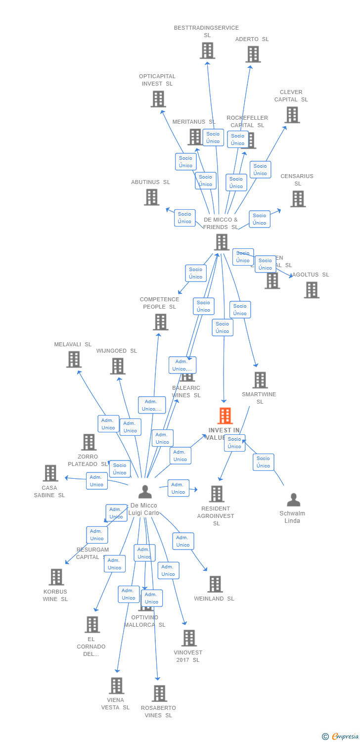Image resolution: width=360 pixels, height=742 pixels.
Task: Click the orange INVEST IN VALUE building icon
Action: pos(225,416)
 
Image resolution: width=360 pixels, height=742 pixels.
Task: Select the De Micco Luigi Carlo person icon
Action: pos(145,492)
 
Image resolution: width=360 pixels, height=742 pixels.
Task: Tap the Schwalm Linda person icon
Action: pos(294,500)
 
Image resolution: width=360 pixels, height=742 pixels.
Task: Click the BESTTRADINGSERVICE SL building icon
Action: pos(207,50)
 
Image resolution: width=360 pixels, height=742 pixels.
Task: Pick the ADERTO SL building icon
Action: pos(253,54)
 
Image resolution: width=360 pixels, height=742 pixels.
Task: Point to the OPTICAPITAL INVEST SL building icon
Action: pos(158,99)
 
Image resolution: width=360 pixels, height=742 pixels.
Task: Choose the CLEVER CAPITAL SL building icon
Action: pos(292,115)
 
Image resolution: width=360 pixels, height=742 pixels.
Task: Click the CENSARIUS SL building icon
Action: pos(298,199)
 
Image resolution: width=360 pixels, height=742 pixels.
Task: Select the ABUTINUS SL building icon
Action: pos(151,197)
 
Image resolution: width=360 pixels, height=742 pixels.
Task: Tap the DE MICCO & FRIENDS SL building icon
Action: pos(222,242)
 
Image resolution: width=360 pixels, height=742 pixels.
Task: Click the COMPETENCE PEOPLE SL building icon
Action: pos(160,322)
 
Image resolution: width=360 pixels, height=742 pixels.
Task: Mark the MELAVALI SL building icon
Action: pos(74,359)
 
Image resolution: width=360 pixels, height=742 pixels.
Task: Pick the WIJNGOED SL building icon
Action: pos(117,366)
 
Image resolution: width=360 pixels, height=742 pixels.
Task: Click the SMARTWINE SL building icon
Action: pos(260,380)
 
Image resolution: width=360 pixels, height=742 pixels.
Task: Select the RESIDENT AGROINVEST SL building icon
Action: pos(216,494)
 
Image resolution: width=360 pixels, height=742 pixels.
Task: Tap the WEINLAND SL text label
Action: pos(214,599)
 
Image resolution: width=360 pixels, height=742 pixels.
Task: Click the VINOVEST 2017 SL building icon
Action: pos(189,638)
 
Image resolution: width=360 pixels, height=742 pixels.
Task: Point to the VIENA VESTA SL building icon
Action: pos(116,686)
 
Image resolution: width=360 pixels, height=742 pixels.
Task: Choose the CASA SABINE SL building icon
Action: pos(50,473)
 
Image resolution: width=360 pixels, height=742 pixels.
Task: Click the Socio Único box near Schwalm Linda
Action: pos(263,462)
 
